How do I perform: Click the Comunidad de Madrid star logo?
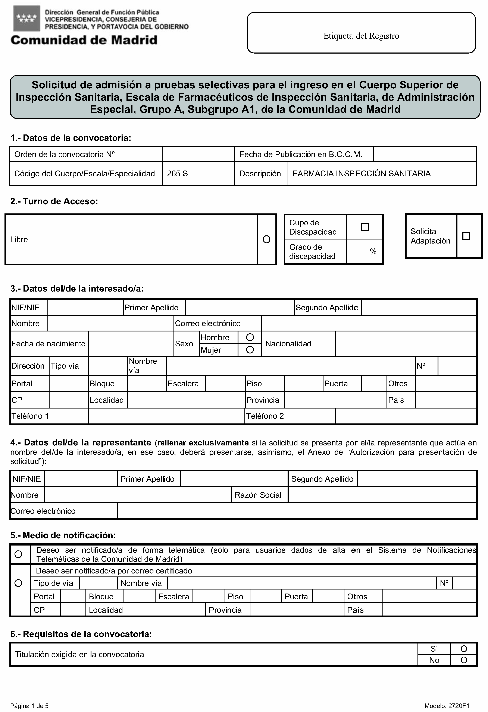pyautogui.click(x=27, y=18)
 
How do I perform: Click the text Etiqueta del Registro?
pyautogui.click(x=361, y=36)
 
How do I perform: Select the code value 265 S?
pyautogui.click(x=177, y=174)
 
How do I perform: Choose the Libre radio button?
pyautogui.click(x=266, y=239)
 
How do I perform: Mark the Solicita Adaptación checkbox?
pyautogui.click(x=466, y=236)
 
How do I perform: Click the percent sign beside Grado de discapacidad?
pyautogui.click(x=373, y=252)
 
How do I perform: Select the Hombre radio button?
pyautogui.click(x=250, y=337)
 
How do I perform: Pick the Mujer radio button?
pyautogui.click(x=250, y=350)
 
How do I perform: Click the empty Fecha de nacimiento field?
pyautogui.click(x=131, y=344)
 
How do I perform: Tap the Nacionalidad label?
pyautogui.click(x=288, y=344)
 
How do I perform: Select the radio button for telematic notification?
pyautogui.click(x=18, y=554)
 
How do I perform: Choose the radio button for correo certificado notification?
pyautogui.click(x=18, y=583)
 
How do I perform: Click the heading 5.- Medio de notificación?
pyautogui.click(x=63, y=535)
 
